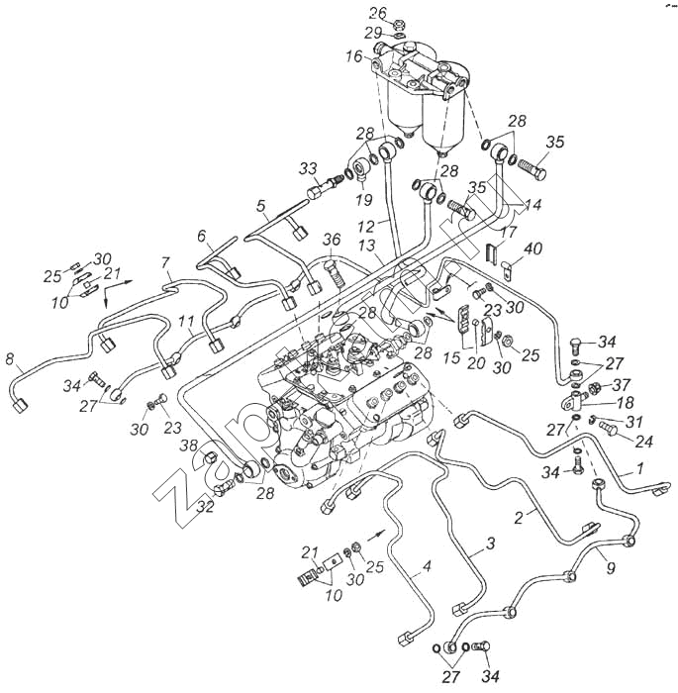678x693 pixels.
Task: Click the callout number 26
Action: coord(377,13)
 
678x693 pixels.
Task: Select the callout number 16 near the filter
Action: coord(354,57)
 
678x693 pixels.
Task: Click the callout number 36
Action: coord(331,239)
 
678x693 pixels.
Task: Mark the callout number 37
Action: coord(620,384)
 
